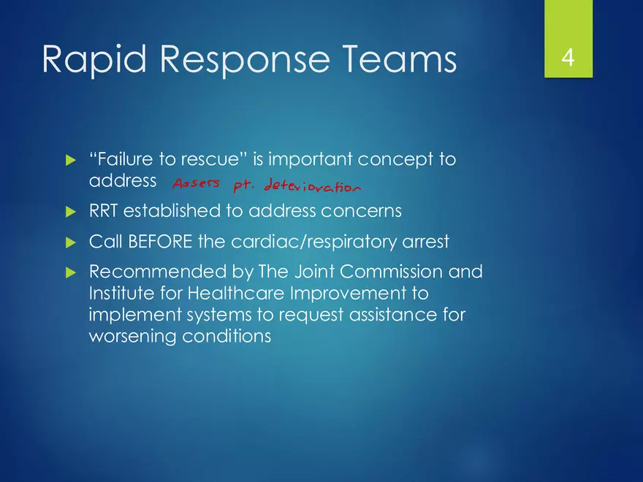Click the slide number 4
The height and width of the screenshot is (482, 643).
point(568,59)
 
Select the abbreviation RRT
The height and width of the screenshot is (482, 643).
point(104,211)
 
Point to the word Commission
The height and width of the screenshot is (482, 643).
point(379,272)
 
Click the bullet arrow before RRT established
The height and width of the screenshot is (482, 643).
point(70,212)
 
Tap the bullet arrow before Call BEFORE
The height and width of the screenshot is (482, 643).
point(70,242)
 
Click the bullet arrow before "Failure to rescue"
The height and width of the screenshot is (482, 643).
point(70,158)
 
